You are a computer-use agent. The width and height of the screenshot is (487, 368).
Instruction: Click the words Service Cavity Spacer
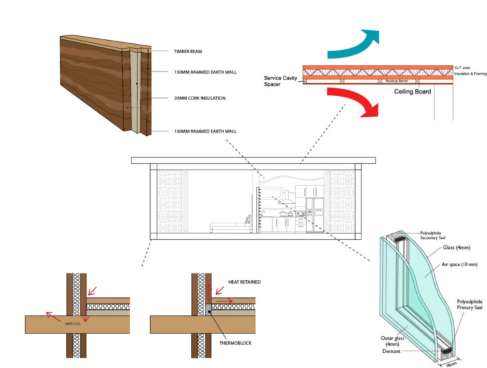[282, 81]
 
